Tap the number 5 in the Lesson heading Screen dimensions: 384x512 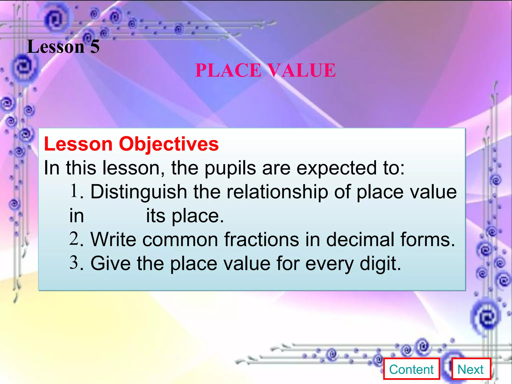pos(95,47)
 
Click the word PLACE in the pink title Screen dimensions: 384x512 pos(228,70)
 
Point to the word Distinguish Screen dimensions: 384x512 pos(138,192)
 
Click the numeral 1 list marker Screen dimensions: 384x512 pos(74,191)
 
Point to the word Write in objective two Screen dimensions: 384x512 pos(113,239)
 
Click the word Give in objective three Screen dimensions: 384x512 pos(110,263)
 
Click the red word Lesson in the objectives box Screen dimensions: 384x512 pos(78,144)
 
